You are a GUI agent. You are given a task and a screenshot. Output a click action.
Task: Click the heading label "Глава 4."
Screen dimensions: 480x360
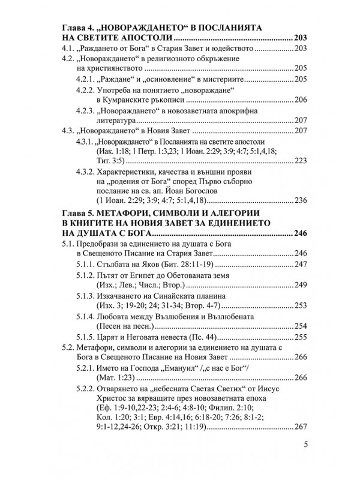coord(82,28)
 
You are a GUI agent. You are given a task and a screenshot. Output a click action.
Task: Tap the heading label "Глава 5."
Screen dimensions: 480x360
coord(82,212)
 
